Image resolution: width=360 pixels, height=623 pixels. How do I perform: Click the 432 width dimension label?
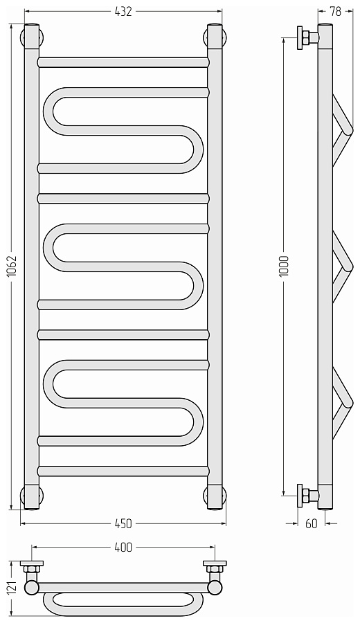pyautogui.click(x=123, y=12)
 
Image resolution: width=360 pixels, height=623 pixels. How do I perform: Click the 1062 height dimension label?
pyautogui.click(x=12, y=267)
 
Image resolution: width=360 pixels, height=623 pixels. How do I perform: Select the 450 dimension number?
pyautogui.click(x=123, y=524)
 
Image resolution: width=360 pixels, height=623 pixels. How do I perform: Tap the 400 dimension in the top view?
pyautogui.click(x=123, y=548)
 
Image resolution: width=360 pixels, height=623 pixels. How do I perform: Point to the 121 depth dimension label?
pyautogui.click(x=12, y=588)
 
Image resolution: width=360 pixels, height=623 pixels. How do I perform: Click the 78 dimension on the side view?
pyautogui.click(x=335, y=12)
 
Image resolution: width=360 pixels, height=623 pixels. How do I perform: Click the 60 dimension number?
pyautogui.click(x=312, y=524)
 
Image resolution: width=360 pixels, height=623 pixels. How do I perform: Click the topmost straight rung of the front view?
pyautogui.click(x=123, y=62)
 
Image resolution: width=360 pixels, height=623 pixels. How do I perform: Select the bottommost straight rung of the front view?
pyautogui.click(x=123, y=471)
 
